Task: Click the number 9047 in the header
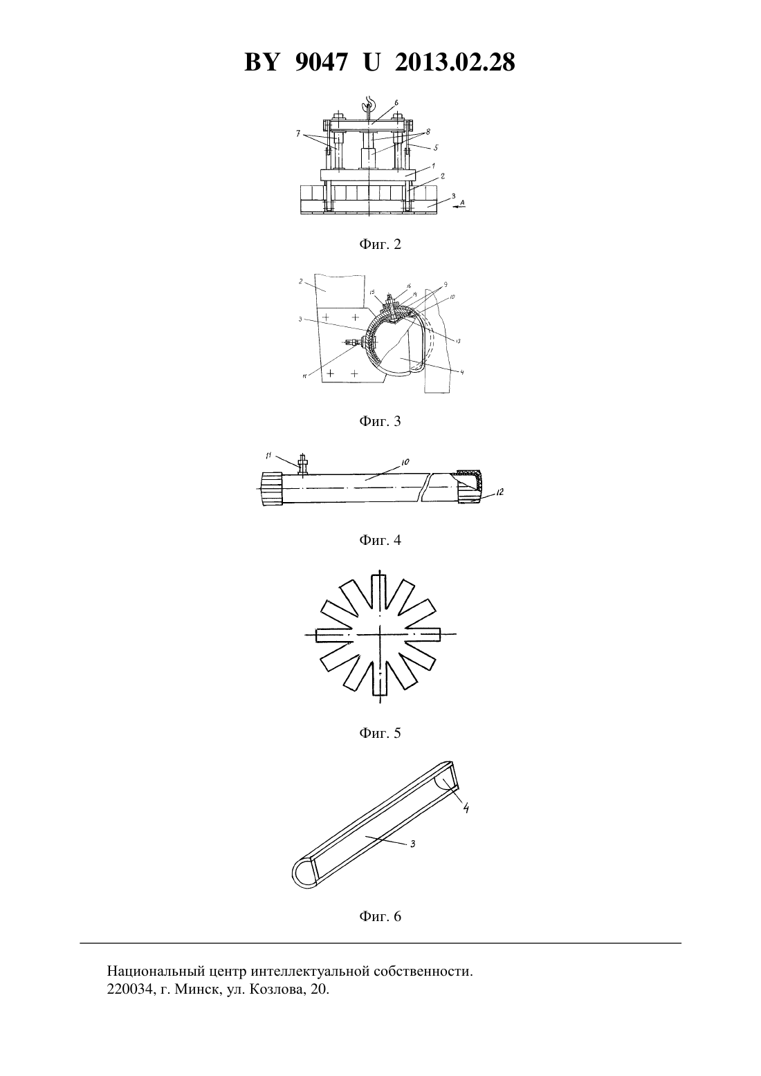(x=320, y=62)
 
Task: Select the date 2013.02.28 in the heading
(x=455, y=62)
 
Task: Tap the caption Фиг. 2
(x=380, y=245)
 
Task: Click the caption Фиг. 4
(x=380, y=540)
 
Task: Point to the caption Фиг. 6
(x=380, y=916)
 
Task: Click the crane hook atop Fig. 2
(x=369, y=104)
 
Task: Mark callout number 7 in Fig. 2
(x=299, y=133)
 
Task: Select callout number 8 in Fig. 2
(x=428, y=131)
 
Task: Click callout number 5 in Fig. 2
(x=435, y=148)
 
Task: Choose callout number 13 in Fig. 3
(x=458, y=341)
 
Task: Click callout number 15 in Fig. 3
(x=372, y=292)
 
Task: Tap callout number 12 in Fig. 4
(x=499, y=492)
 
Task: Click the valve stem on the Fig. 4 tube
(x=303, y=465)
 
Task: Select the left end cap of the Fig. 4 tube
(x=272, y=488)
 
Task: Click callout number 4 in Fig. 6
(x=465, y=808)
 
